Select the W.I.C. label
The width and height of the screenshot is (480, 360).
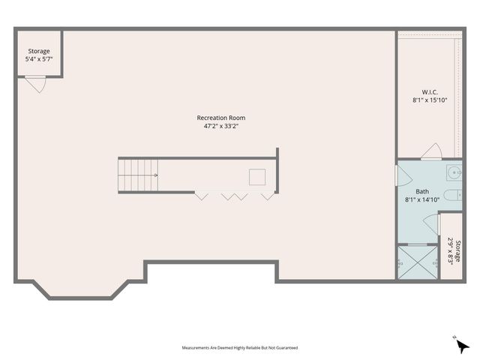[430, 91]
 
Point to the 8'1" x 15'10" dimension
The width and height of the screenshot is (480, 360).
[430, 100]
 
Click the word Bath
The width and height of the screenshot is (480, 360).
[422, 191]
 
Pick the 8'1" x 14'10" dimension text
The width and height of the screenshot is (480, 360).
[422, 199]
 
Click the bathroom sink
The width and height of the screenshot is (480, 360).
[452, 174]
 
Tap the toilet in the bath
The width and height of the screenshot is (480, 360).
[451, 196]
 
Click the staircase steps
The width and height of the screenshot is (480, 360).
[136, 175]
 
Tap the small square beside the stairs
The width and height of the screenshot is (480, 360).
[257, 177]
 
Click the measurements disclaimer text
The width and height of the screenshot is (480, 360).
[240, 348]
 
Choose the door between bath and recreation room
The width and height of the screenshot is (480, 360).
[401, 177]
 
